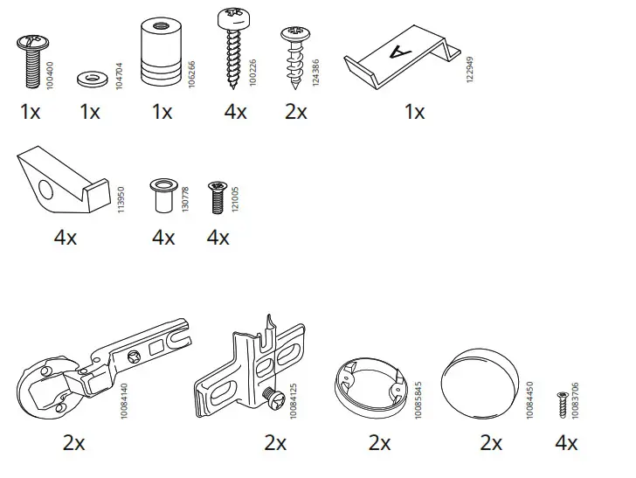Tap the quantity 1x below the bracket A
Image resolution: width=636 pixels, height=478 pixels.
(414, 112)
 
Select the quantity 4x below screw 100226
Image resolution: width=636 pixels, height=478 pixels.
(234, 112)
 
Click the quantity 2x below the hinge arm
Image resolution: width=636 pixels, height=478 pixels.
(74, 443)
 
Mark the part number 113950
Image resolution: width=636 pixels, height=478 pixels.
(121, 196)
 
